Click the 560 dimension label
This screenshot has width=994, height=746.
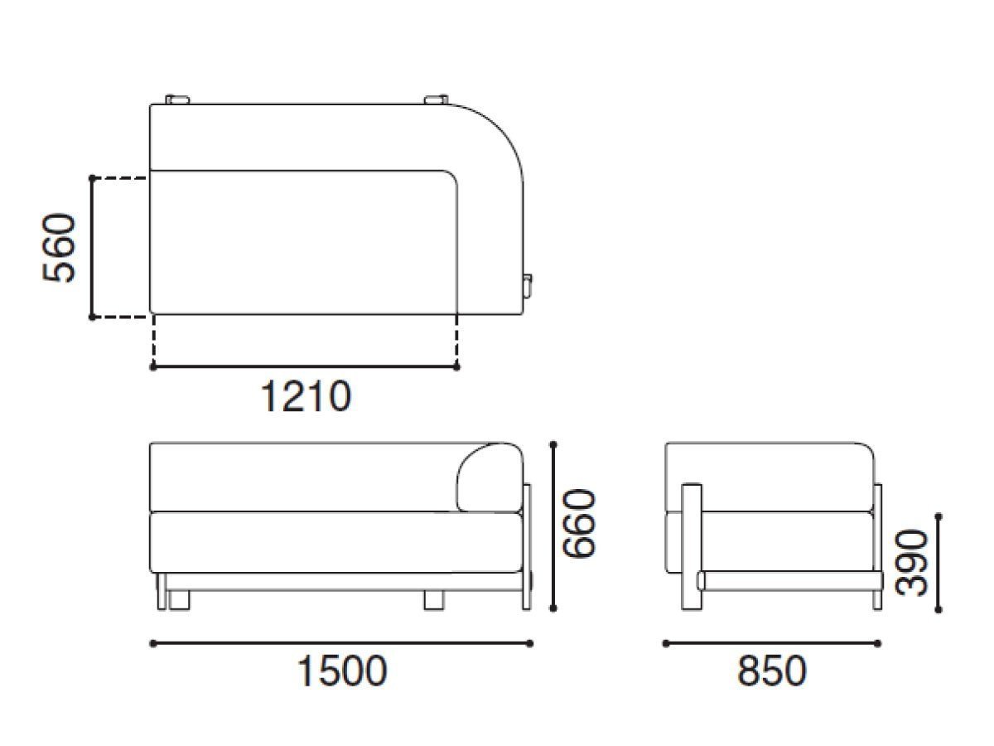click(60, 248)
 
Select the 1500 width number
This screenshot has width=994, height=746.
click(341, 671)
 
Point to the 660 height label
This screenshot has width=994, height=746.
click(577, 524)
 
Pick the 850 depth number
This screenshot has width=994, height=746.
click(771, 671)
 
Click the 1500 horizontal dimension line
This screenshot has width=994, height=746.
click(341, 642)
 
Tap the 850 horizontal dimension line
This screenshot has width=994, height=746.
click(771, 642)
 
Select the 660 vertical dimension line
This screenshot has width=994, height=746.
click(554, 526)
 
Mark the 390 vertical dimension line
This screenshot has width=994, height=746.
click(939, 563)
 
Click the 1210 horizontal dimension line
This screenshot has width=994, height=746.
click(305, 366)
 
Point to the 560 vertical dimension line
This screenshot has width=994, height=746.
click(92, 247)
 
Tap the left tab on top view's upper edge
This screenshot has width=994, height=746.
click(178, 100)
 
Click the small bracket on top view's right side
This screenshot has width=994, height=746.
click(528, 284)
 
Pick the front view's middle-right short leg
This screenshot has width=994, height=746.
click(434, 599)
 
